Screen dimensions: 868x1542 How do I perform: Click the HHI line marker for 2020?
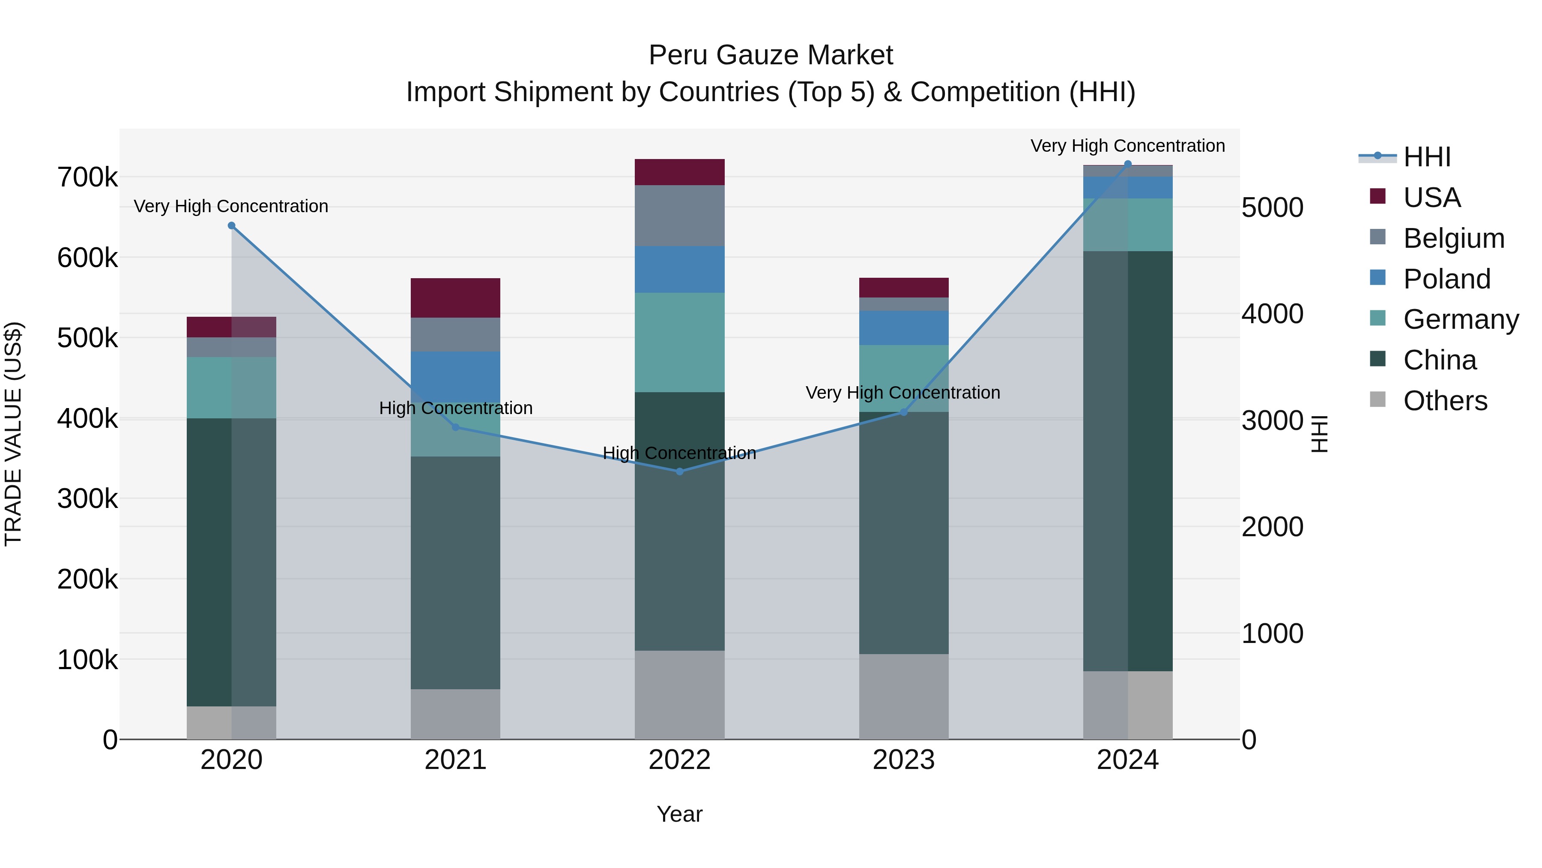pyautogui.click(x=232, y=226)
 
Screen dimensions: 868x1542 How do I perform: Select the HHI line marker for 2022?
pyautogui.click(x=679, y=472)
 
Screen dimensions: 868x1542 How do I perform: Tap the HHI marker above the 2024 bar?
pyautogui.click(x=1128, y=164)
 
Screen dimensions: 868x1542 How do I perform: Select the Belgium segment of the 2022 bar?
pyautogui.click(x=679, y=216)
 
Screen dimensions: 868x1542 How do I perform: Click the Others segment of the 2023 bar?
pyautogui.click(x=903, y=696)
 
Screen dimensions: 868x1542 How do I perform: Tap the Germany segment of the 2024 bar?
pyautogui.click(x=1128, y=225)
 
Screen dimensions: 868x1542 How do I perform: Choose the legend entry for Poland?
pyautogui.click(x=1446, y=279)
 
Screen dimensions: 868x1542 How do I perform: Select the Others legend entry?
pyautogui.click(x=1444, y=401)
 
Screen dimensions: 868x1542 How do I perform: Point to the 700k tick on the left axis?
pyautogui.click(x=87, y=178)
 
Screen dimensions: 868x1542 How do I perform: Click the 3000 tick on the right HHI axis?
pyautogui.click(x=1272, y=420)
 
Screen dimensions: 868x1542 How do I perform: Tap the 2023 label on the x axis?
pyautogui.click(x=903, y=760)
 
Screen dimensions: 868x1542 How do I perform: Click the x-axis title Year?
pyautogui.click(x=679, y=814)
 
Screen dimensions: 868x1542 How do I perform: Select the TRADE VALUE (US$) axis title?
pyautogui.click(x=13, y=434)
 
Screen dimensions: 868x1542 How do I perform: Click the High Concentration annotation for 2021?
pyautogui.click(x=456, y=408)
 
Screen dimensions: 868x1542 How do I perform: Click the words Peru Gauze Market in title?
pyautogui.click(x=771, y=55)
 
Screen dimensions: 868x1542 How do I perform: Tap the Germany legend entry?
pyautogui.click(x=1460, y=319)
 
